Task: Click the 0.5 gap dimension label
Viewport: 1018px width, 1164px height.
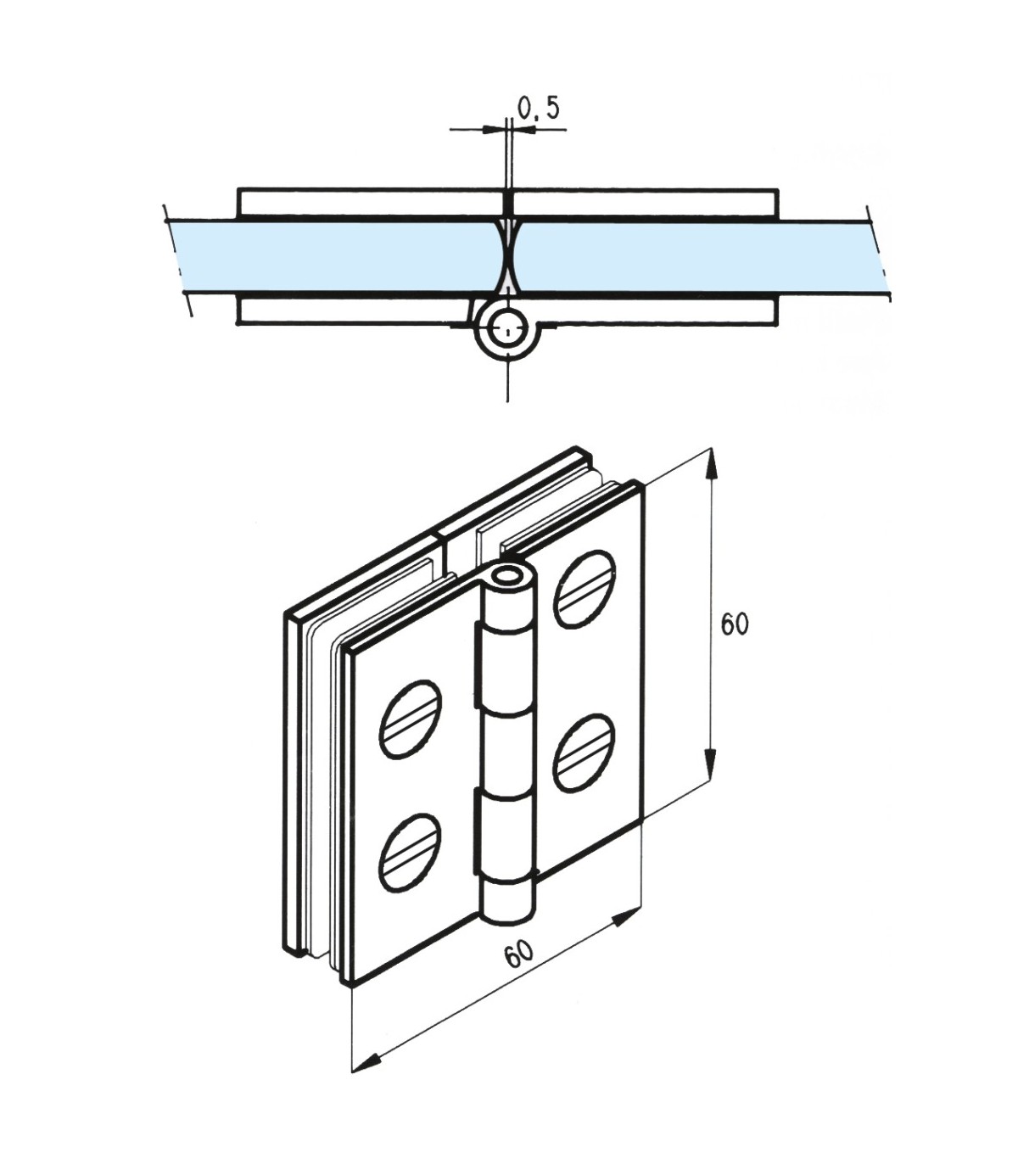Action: [539, 109]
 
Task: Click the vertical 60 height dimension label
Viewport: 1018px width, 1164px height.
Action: [735, 624]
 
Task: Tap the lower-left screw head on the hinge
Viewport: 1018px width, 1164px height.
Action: [410, 853]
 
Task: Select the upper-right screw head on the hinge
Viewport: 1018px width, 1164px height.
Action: [584, 590]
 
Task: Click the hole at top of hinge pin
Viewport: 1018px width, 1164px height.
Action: [509, 577]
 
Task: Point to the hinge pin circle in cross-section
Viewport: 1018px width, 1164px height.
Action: [507, 329]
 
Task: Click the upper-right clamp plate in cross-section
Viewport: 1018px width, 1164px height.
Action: [645, 203]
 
